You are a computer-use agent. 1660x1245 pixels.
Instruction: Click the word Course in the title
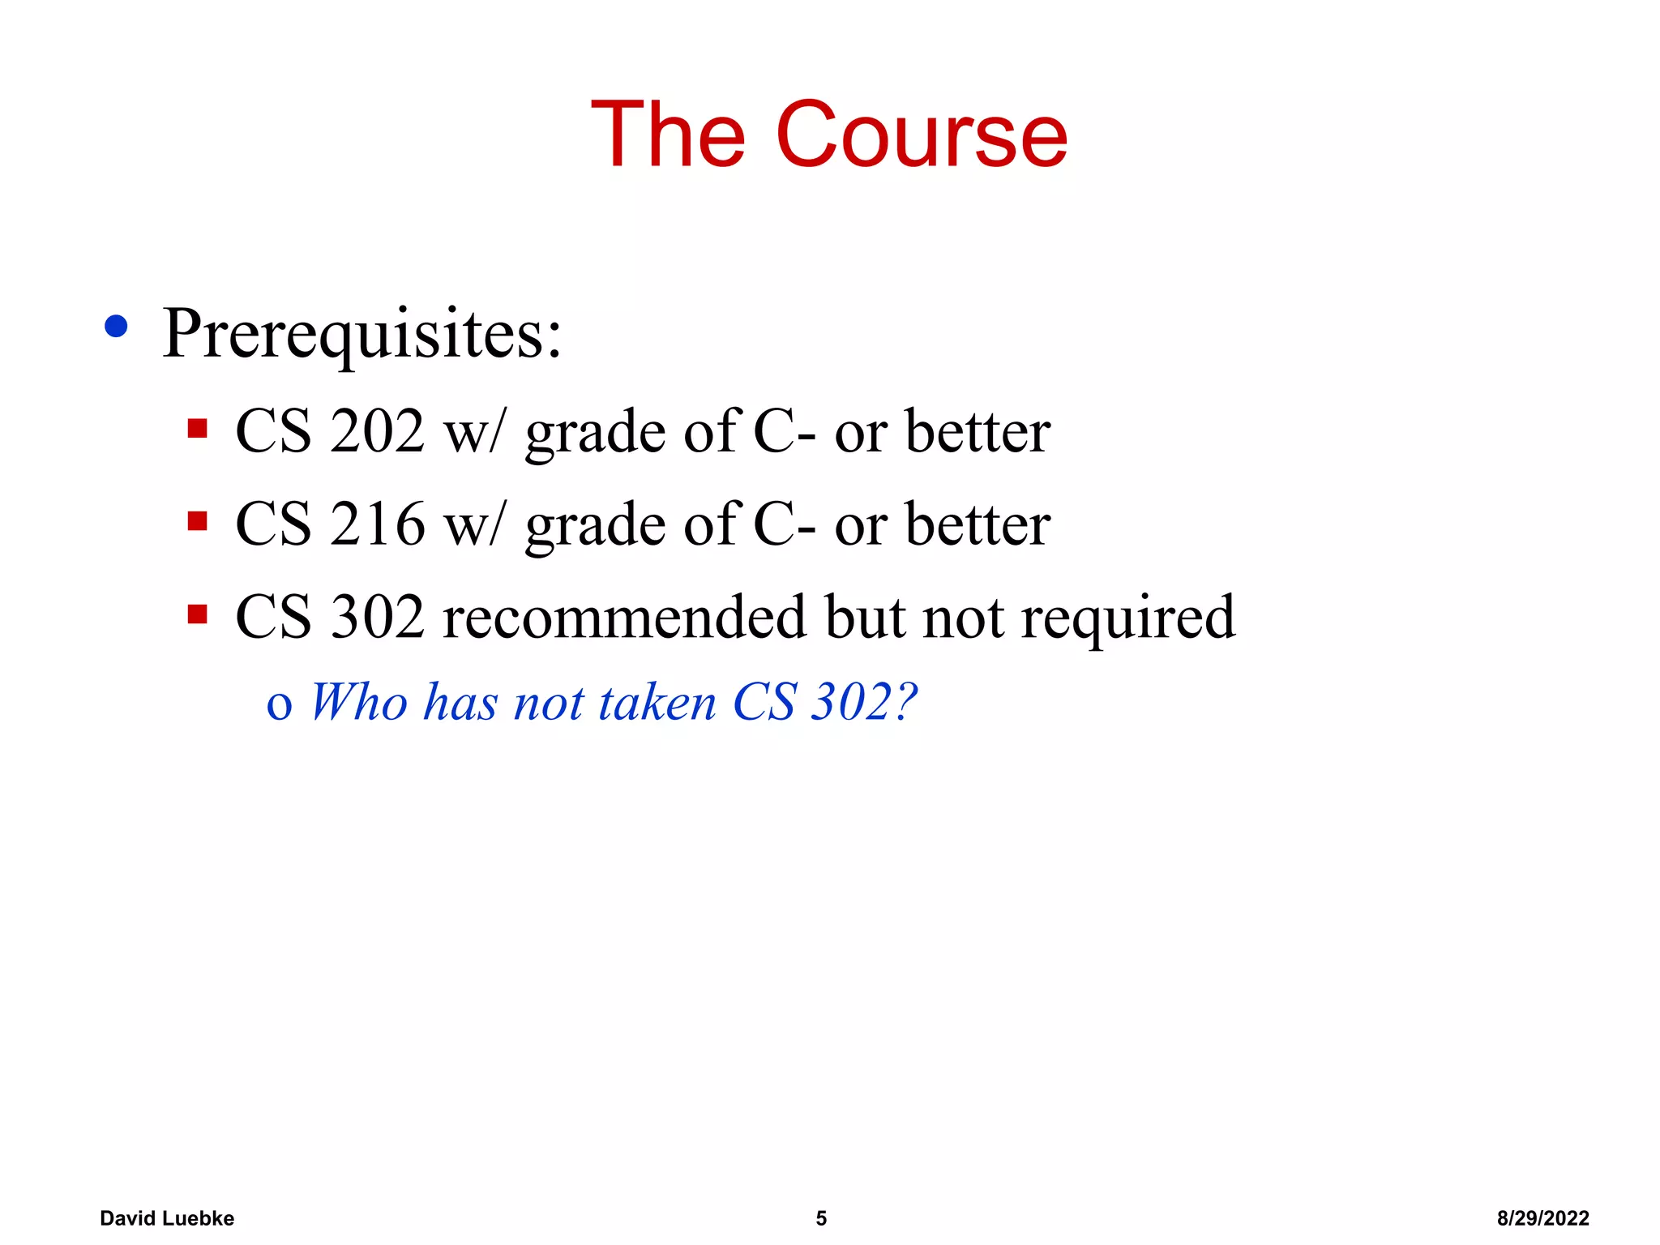tap(922, 135)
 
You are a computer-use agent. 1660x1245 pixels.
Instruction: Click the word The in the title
tap(668, 135)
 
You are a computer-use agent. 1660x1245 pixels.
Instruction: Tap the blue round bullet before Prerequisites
tap(117, 326)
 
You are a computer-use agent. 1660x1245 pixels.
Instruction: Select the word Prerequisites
tap(362, 334)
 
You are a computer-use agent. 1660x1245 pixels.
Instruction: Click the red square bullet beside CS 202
tap(197, 427)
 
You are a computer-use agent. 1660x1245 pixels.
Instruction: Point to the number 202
tap(377, 431)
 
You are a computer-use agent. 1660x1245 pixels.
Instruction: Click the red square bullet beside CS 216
tap(197, 520)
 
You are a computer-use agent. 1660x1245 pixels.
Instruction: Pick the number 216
tap(377, 524)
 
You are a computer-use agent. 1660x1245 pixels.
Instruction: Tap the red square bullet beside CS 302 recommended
tap(197, 614)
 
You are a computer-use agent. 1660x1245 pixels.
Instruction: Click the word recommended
tap(624, 618)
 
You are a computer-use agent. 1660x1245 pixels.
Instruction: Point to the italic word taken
tap(657, 702)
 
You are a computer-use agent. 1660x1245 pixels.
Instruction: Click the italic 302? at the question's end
tap(864, 702)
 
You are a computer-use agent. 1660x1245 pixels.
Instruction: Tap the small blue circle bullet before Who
tap(279, 707)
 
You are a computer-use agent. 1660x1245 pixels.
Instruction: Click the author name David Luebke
tap(167, 1218)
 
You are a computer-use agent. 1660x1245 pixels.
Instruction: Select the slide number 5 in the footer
tap(821, 1218)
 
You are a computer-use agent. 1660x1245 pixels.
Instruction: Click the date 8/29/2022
tap(1542, 1218)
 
